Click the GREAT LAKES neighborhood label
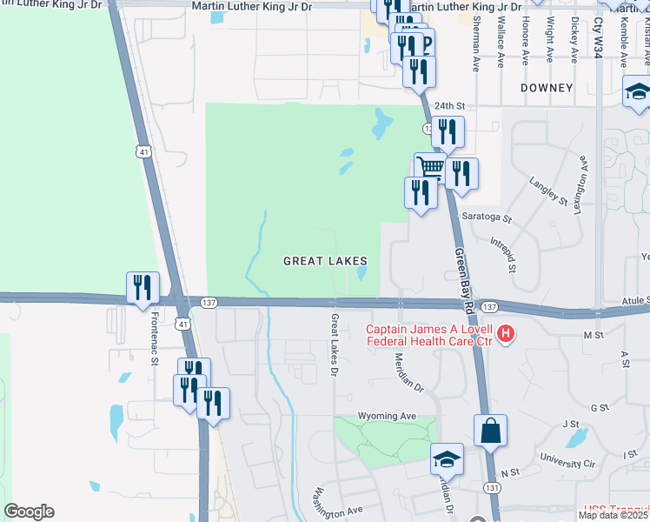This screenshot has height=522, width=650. pos(326,261)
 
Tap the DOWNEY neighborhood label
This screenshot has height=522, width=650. pos(547,88)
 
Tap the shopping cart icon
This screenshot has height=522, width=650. pos(430,167)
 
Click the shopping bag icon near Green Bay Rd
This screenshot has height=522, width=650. pos(490,431)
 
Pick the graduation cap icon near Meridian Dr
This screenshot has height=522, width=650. pos(447,458)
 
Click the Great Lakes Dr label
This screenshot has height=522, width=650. pos(335,339)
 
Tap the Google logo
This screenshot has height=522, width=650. pos(29,512)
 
